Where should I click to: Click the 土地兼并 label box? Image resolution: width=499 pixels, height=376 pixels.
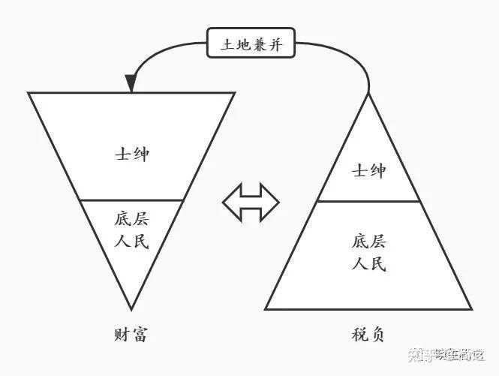click(x=251, y=43)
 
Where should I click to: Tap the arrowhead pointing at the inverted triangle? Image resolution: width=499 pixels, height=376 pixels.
click(x=131, y=84)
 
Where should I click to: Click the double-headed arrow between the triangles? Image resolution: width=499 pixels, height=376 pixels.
click(x=251, y=202)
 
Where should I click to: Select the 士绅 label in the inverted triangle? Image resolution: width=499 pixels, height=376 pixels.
click(x=131, y=155)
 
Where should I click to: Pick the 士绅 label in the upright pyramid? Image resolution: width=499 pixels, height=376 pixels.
click(x=368, y=171)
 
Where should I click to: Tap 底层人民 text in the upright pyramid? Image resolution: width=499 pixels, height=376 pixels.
click(x=368, y=254)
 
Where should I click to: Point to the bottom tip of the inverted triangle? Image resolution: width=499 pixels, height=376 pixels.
click(x=131, y=308)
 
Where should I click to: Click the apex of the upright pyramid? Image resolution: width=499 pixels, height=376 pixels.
click(x=369, y=95)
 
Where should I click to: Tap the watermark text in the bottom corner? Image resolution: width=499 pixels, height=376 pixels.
click(x=445, y=353)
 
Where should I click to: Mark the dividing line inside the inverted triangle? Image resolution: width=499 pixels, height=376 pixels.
click(x=131, y=200)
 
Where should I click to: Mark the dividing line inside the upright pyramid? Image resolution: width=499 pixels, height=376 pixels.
click(x=368, y=201)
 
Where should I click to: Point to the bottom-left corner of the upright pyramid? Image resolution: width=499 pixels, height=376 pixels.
click(x=266, y=309)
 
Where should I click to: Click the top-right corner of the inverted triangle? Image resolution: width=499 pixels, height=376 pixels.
click(x=234, y=93)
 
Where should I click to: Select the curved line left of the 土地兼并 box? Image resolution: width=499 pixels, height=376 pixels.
click(x=161, y=49)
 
